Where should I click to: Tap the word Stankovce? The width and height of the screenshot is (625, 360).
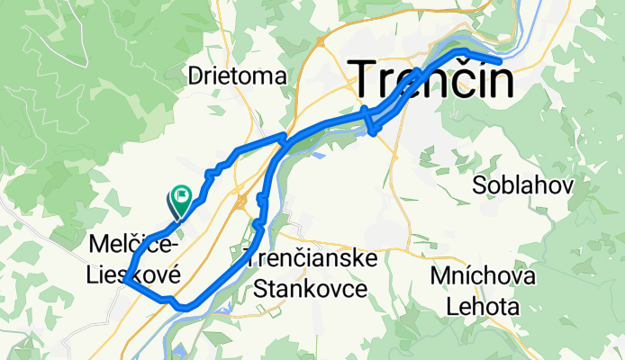tap(311, 290)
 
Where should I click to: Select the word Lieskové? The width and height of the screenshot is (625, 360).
tap(134, 272)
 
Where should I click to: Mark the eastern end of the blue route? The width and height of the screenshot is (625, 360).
tap(498, 61)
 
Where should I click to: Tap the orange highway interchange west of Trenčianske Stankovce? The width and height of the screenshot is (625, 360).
tap(242, 202)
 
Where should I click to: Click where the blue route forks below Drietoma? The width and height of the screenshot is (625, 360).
tap(285, 139)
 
